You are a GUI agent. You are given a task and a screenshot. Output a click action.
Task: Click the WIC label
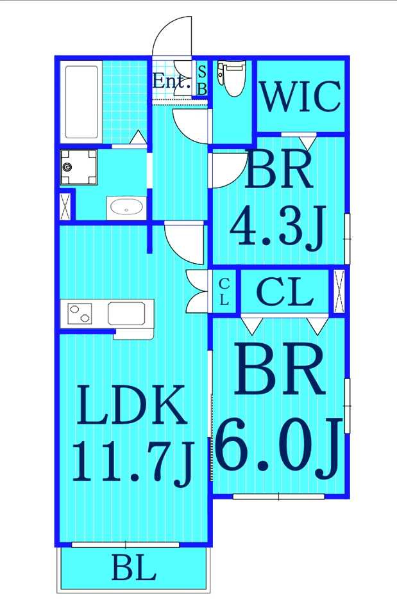[300, 96]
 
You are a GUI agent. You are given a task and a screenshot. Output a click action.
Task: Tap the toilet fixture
[232, 77]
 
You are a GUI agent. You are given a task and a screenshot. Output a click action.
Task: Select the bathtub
[81, 102]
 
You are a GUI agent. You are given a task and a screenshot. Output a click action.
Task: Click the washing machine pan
[79, 168]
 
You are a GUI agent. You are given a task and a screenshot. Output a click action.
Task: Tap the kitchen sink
[126, 313]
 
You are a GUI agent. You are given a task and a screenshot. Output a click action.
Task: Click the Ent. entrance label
[171, 81]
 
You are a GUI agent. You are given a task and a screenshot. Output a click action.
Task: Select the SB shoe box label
[202, 80]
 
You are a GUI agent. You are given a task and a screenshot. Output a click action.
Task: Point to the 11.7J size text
[133, 462]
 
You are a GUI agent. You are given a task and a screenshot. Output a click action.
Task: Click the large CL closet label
[285, 292]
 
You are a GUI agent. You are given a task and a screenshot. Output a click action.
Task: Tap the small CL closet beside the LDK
[224, 292]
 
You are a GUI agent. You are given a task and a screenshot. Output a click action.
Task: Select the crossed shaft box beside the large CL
[339, 291]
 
